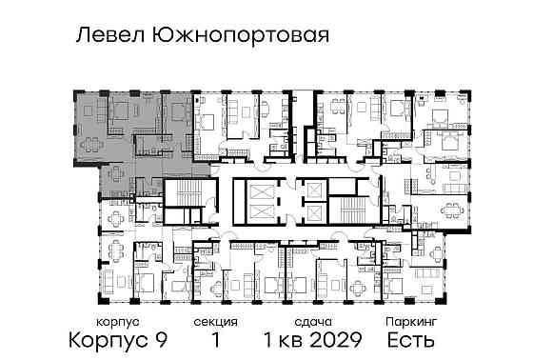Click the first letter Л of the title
[x=81, y=36]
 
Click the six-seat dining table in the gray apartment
[x=92, y=145]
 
